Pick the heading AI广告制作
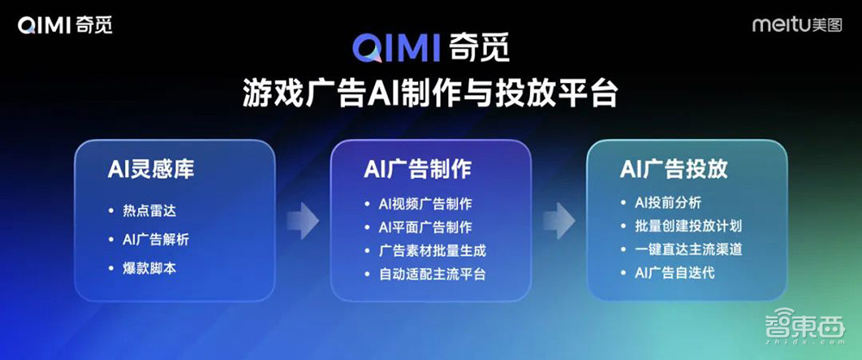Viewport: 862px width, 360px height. tap(416, 167)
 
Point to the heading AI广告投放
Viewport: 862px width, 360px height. tap(673, 167)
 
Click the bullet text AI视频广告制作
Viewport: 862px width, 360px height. tap(426, 205)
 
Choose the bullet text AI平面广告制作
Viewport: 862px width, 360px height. tap(426, 228)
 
